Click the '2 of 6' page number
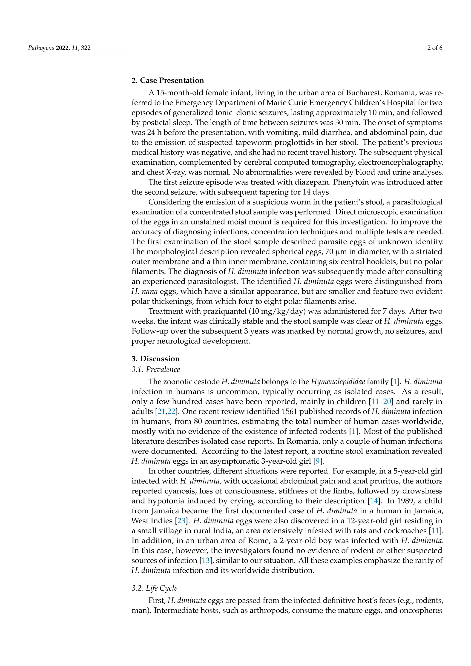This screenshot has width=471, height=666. (434, 48)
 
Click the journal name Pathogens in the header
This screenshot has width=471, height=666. (41, 48)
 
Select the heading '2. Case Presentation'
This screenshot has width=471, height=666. (167, 80)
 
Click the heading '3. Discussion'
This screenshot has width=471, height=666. (155, 359)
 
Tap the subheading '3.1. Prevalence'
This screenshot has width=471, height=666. (155, 369)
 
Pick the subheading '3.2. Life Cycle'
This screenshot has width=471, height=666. (154, 588)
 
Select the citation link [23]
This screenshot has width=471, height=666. (181, 521)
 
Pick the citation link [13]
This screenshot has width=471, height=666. (206, 560)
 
